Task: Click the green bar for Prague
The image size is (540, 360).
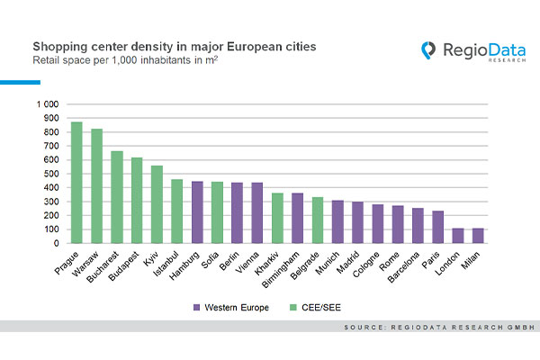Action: tap(76, 183)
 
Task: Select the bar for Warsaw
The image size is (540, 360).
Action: tap(96, 186)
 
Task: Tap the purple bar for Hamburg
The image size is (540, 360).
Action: tap(197, 212)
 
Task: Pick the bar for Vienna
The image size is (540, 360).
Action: tap(256, 213)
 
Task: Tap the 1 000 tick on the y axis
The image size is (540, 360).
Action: tap(47, 104)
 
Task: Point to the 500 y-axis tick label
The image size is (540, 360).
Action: tap(50, 174)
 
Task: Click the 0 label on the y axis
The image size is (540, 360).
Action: tap(56, 243)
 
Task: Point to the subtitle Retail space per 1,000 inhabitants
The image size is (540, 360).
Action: tap(108, 60)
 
